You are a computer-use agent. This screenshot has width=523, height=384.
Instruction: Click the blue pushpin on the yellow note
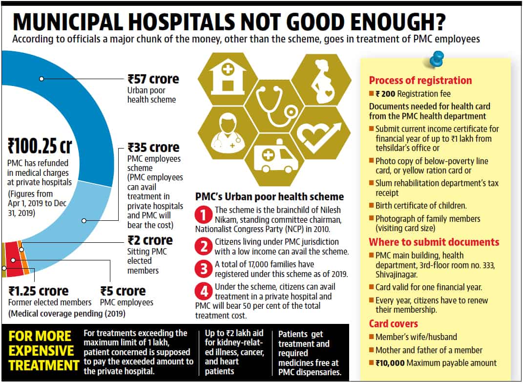coord(436,60)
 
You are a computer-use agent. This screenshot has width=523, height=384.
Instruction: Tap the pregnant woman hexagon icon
coord(321,81)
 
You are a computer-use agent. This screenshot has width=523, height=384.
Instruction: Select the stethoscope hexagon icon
coord(274,107)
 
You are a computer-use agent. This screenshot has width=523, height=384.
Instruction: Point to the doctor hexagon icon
coord(228,133)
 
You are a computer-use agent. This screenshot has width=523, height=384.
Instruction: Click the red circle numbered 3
coord(204,269)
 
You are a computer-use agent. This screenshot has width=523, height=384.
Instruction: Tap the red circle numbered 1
coord(204,214)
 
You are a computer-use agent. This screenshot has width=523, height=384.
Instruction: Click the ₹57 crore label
coord(153,79)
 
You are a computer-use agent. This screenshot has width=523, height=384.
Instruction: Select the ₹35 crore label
coord(153,148)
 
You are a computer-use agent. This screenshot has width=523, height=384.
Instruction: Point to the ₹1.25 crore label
coord(39,291)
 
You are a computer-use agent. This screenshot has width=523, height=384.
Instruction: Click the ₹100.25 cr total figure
coord(40,146)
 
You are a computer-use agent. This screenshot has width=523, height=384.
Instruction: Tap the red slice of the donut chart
coord(13,258)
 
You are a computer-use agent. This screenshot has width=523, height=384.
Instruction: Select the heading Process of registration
coord(420,81)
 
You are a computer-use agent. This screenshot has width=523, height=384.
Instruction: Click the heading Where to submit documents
coord(434,242)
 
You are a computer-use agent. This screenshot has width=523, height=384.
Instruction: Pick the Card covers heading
coord(393,323)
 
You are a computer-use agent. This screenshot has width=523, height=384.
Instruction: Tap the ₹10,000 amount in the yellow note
coord(390,363)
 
